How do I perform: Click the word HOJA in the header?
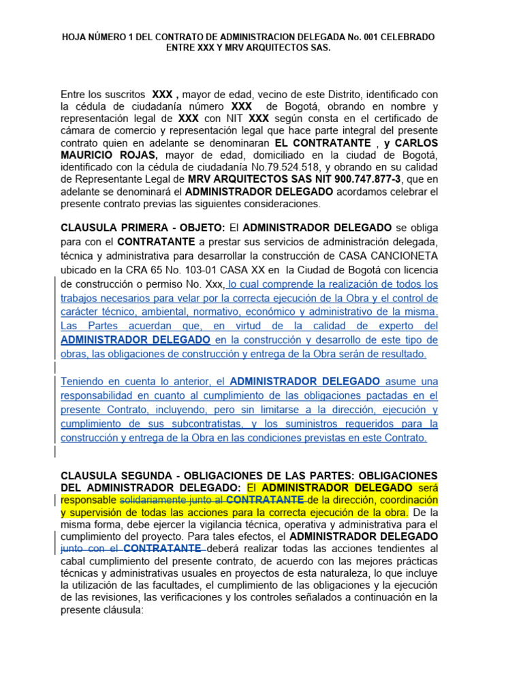[75, 37]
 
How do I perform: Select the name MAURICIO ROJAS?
[108, 154]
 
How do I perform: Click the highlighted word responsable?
[89, 501]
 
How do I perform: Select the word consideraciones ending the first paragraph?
[280, 204]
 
